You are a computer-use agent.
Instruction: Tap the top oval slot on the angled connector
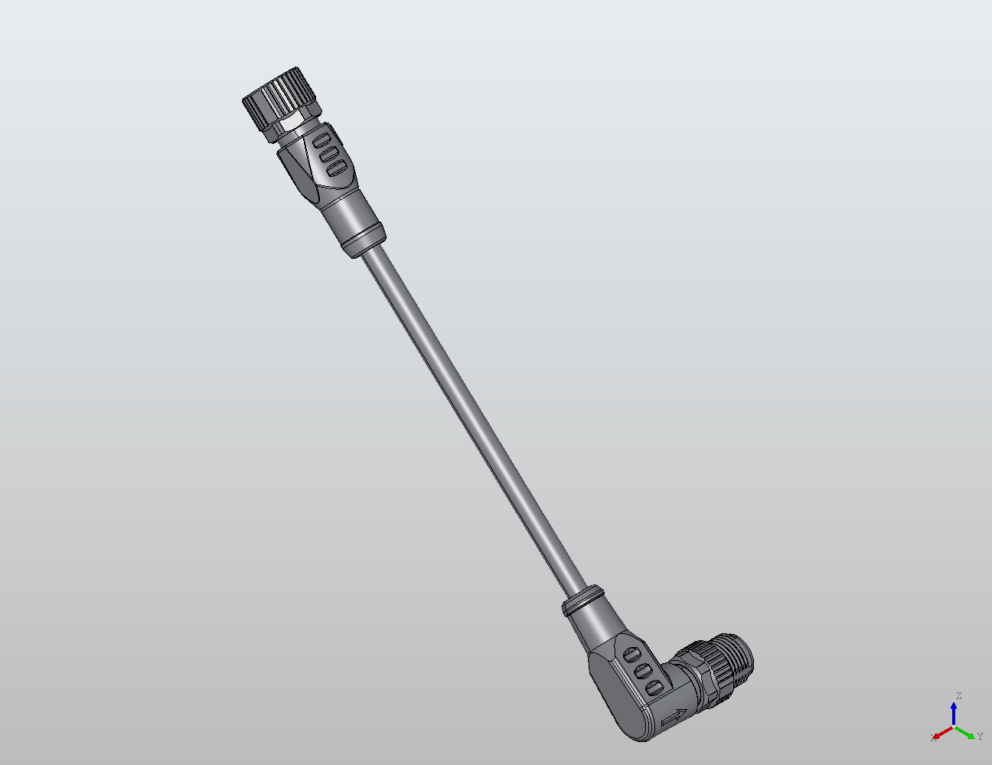click(x=632, y=655)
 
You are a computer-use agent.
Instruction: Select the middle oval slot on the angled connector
click(x=644, y=671)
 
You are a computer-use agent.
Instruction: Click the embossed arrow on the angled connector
click(x=673, y=718)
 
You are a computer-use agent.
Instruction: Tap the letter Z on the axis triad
click(x=958, y=696)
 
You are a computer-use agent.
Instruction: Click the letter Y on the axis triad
click(x=980, y=737)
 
